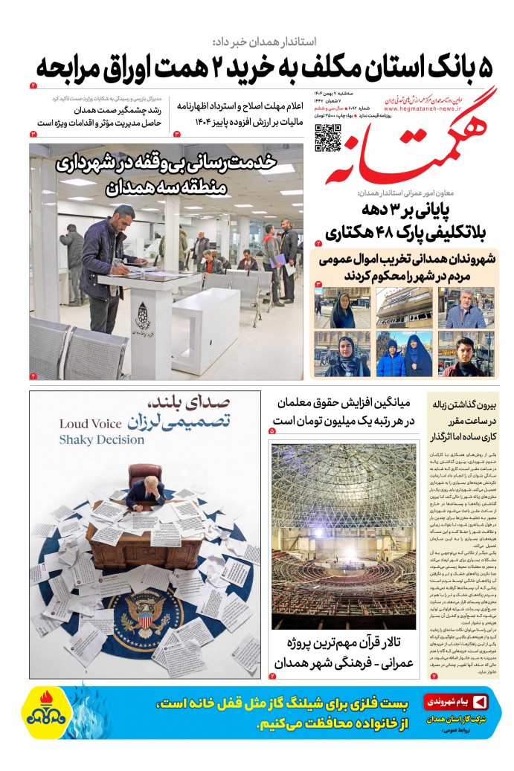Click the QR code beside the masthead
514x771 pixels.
[328, 137]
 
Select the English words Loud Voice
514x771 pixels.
[89, 425]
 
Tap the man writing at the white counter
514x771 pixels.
[108, 260]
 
